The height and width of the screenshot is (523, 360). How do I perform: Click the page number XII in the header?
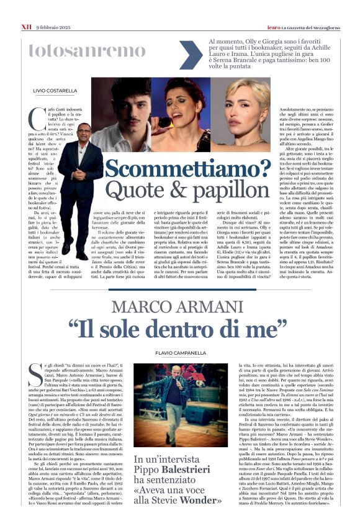(26, 9)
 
